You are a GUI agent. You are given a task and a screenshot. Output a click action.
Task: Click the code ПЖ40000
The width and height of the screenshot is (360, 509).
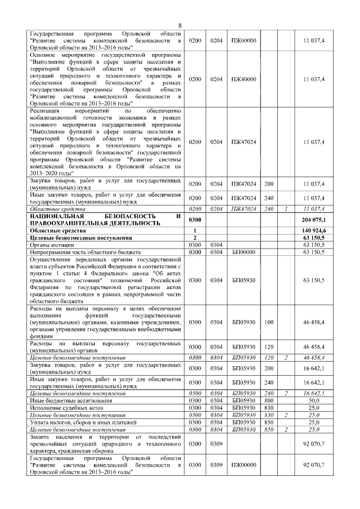[x=243, y=79]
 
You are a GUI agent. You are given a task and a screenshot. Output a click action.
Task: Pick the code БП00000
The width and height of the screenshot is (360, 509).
[x=243, y=252]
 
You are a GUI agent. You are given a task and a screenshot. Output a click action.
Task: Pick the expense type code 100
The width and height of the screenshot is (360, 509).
[x=268, y=322]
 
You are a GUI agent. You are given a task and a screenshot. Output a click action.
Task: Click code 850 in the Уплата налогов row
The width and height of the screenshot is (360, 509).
[x=268, y=421]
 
